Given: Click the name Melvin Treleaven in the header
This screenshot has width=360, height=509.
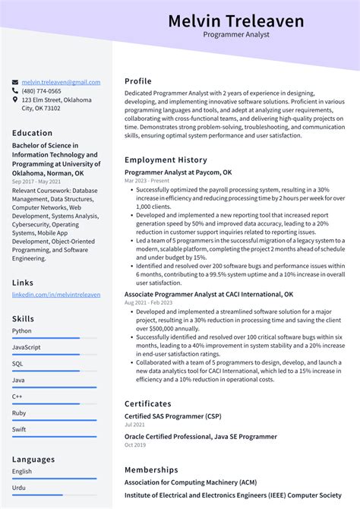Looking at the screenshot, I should point(235,21).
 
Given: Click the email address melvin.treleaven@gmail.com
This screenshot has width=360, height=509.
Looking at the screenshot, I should point(61,82).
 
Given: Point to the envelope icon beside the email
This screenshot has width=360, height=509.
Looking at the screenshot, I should point(15,82).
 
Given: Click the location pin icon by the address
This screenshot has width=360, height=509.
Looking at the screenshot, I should point(15,100).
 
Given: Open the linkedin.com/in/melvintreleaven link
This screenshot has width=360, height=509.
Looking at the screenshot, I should point(55,294).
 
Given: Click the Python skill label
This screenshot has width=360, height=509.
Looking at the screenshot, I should point(22,330).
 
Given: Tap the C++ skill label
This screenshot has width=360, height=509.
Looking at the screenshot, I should point(17,397).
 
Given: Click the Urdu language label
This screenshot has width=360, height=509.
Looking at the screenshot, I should point(20,488).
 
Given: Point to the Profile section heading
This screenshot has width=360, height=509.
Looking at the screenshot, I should point(138,81).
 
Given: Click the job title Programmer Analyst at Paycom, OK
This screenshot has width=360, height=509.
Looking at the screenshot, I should point(182,172).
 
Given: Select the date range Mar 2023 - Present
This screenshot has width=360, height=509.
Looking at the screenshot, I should point(147,182).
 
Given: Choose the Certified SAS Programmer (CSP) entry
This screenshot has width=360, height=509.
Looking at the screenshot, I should point(173,416).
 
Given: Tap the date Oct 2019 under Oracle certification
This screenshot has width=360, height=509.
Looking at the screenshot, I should point(134,445).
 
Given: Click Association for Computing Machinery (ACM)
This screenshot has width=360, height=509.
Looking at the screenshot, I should point(190,482).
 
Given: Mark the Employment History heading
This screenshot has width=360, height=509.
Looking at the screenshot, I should point(166,160).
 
